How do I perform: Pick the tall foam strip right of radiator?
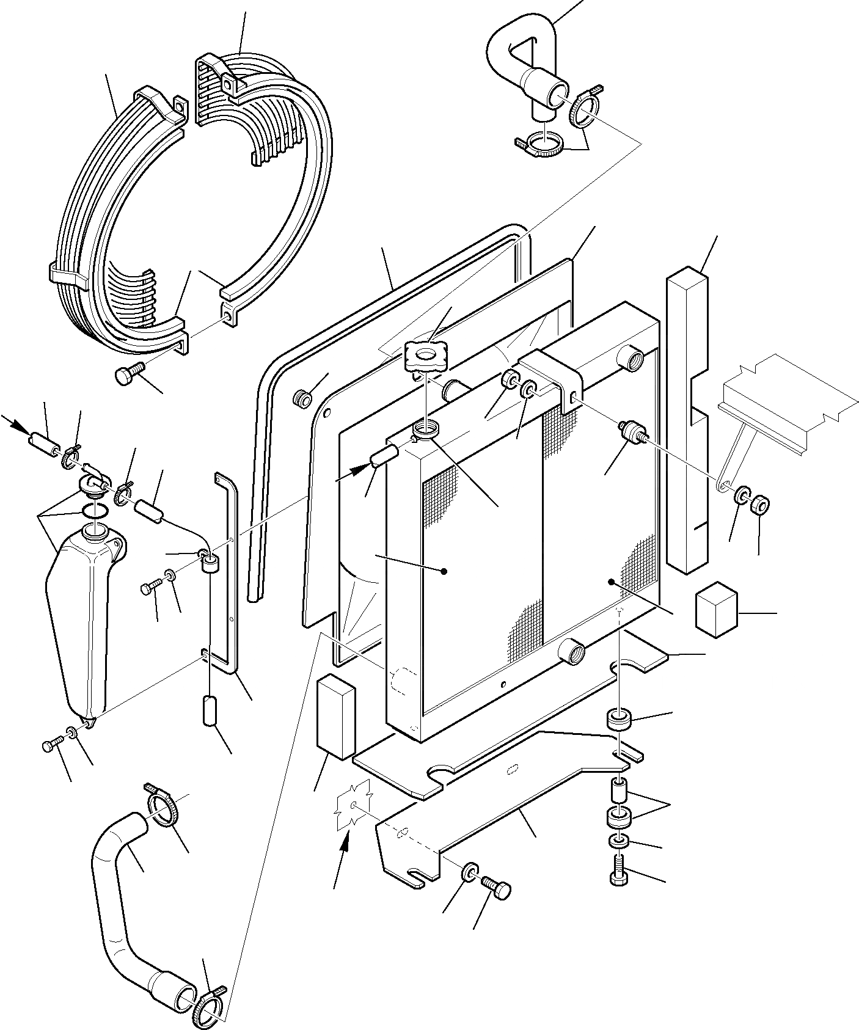click(687, 422)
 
